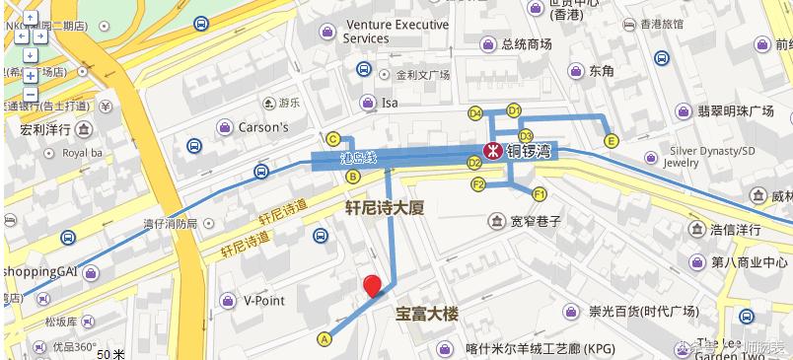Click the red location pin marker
pyautogui.click(x=373, y=286)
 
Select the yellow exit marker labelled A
pyautogui.click(x=323, y=338)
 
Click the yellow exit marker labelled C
pyautogui.click(x=333, y=139)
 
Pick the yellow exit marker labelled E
pyautogui.click(x=612, y=141)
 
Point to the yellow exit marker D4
pyautogui.click(x=474, y=112)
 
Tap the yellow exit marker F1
pyautogui.click(x=540, y=192)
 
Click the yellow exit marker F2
pyautogui.click(x=478, y=184)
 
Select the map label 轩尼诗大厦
pyautogui.click(x=384, y=208)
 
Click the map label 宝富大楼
pyautogui.click(x=428, y=316)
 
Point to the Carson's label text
pyautogui.click(x=263, y=127)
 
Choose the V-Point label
pyautogui.click(x=263, y=300)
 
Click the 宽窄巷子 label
pyautogui.click(x=536, y=221)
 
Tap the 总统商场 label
pyautogui.click(x=526, y=44)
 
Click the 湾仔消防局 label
pyautogui.click(x=171, y=224)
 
